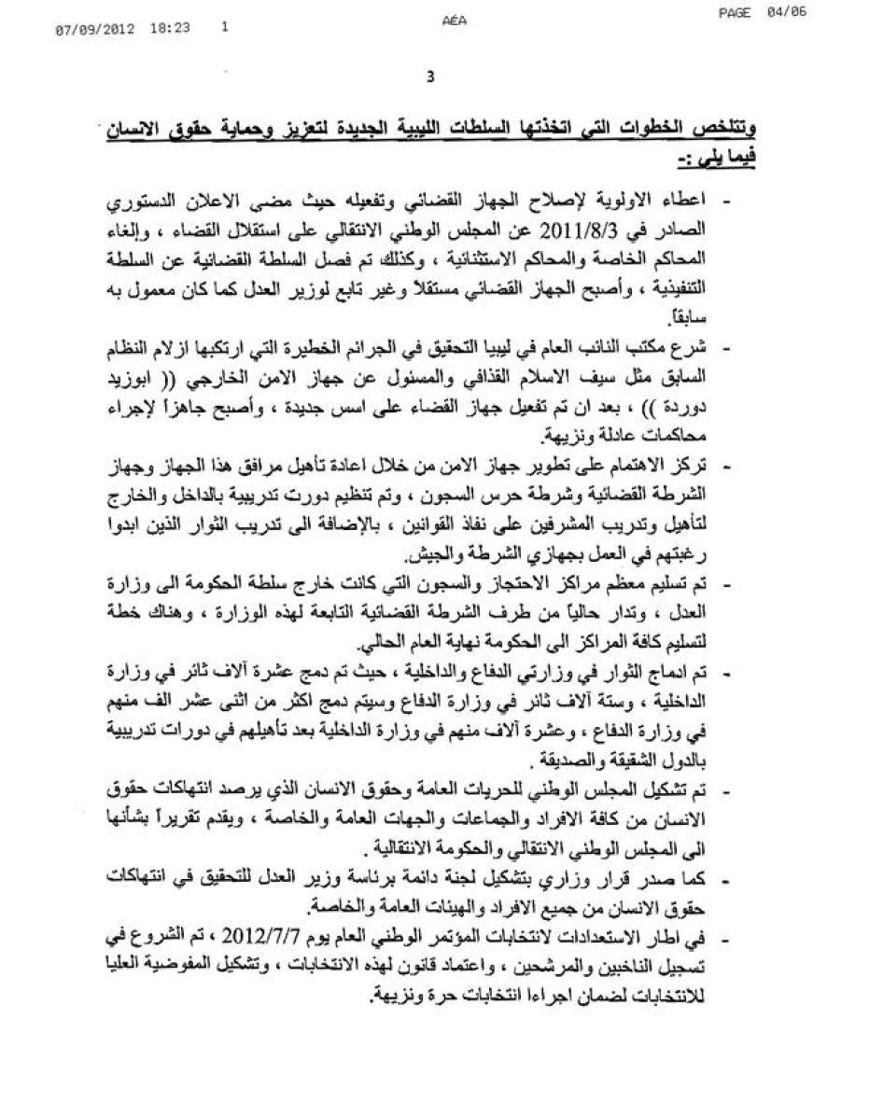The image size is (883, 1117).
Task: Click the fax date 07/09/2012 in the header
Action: (x=94, y=29)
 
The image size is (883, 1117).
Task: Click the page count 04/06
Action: (x=789, y=12)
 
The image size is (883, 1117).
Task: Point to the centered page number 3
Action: (x=430, y=78)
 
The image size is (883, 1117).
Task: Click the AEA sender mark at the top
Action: (x=450, y=18)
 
